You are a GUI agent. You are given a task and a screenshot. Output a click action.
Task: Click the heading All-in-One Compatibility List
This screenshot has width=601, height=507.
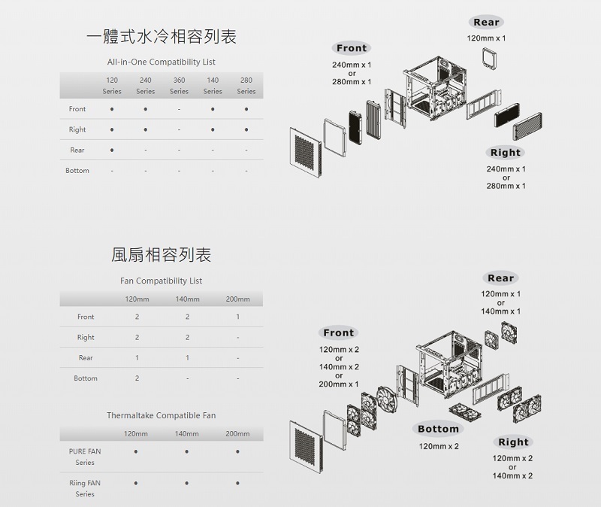click(162, 62)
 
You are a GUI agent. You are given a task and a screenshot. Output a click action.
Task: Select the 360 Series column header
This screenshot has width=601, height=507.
click(179, 85)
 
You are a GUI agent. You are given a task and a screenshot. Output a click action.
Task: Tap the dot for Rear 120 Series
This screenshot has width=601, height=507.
click(112, 150)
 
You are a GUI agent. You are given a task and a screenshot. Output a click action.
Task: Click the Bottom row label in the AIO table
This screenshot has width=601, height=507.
click(77, 171)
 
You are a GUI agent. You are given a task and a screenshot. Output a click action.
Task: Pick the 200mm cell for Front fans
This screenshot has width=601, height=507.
click(237, 317)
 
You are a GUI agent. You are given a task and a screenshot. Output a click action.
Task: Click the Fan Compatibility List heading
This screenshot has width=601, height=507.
click(162, 281)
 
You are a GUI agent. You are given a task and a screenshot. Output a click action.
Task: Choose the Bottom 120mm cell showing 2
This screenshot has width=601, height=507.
click(137, 378)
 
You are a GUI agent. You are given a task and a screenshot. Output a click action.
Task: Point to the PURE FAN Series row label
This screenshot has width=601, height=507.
click(85, 457)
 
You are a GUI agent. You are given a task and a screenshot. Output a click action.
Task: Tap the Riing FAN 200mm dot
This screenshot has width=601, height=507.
click(237, 483)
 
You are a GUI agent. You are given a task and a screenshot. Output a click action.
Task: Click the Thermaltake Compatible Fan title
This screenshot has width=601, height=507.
click(161, 415)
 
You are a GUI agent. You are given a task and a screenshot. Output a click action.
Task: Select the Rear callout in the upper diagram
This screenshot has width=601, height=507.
click(487, 23)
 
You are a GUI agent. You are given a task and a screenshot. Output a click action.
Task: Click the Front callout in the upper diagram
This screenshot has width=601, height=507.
click(352, 48)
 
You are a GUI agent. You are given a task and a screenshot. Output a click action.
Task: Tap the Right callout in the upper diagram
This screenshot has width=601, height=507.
click(506, 153)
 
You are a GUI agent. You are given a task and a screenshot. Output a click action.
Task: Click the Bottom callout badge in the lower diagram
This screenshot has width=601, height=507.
click(438, 429)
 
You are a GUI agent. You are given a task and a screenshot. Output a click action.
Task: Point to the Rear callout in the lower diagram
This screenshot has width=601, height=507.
click(501, 278)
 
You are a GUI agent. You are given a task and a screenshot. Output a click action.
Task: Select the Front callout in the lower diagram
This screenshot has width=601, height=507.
click(338, 332)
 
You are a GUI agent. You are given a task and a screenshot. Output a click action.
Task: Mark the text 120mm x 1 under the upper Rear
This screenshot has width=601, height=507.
click(487, 38)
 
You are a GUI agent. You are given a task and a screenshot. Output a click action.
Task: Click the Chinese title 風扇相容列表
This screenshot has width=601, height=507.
click(161, 255)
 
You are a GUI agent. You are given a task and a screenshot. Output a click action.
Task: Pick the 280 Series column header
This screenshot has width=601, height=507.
click(246, 85)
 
